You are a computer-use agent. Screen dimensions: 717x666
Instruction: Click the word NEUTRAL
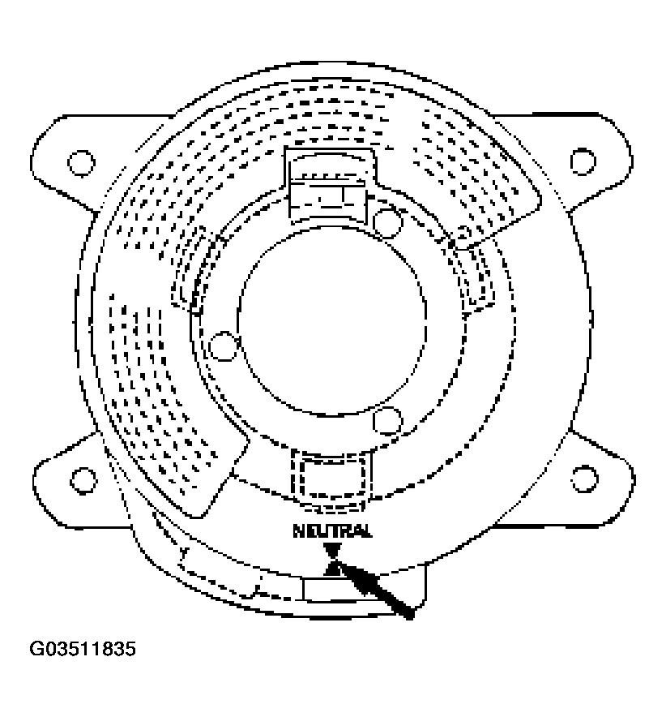tap(333, 531)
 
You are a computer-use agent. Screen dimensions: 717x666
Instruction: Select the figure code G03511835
tap(83, 650)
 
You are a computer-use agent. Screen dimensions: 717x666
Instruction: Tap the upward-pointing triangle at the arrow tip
tap(332, 568)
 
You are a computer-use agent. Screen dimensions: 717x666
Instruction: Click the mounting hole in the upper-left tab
tap(79, 162)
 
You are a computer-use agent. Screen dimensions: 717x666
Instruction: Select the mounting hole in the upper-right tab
tap(582, 160)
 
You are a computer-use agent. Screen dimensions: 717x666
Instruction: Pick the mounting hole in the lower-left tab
tap(81, 478)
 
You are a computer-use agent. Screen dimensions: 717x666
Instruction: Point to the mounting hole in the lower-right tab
tap(583, 478)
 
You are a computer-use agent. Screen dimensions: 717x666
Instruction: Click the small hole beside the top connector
tap(389, 219)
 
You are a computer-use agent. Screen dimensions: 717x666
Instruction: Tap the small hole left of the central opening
tap(220, 346)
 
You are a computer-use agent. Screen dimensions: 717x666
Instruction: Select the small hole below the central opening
tap(388, 419)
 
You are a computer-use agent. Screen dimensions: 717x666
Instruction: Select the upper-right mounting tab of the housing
tap(591, 158)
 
